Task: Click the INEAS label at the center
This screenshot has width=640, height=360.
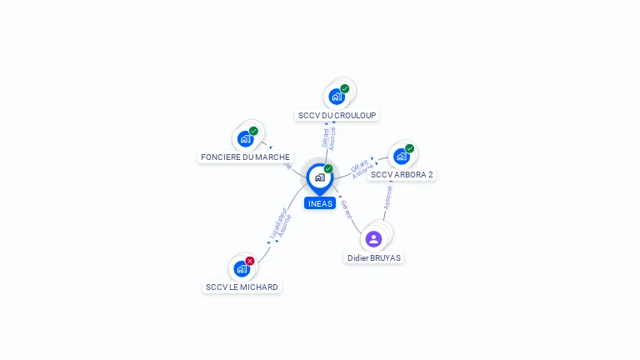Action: pos(319,203)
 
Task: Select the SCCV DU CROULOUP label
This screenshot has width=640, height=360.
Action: pos(337,115)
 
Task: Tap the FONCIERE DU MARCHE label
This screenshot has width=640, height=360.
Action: pos(245,157)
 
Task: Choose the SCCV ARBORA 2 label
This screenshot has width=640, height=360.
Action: pos(402,175)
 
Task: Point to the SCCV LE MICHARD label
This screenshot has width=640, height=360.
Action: pos(242,287)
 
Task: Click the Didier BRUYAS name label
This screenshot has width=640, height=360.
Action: pos(374,258)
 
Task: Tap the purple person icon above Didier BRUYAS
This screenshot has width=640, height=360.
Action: pos(373,239)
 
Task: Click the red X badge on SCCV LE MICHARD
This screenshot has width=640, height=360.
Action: pos(250,261)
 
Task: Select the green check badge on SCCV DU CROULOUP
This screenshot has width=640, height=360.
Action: pos(345,88)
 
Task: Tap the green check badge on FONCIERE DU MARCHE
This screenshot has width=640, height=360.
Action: pos(253,131)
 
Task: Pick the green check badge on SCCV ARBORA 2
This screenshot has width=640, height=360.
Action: pos(409,148)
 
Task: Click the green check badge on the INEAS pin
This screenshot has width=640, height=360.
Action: pos(328,168)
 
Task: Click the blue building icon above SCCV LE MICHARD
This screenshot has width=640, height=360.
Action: pos(242,268)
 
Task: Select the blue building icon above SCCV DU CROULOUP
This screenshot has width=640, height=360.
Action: pos(337,96)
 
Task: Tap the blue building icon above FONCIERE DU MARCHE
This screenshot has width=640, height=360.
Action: pos(245,138)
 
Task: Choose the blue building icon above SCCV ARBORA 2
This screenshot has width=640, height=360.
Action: pos(402,156)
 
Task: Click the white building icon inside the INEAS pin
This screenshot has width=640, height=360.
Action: pos(319,177)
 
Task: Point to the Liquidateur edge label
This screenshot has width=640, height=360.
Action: pos(277,223)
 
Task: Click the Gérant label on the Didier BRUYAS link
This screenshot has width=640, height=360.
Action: pos(347,209)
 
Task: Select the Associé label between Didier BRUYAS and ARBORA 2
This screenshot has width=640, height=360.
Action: pos(387,197)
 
